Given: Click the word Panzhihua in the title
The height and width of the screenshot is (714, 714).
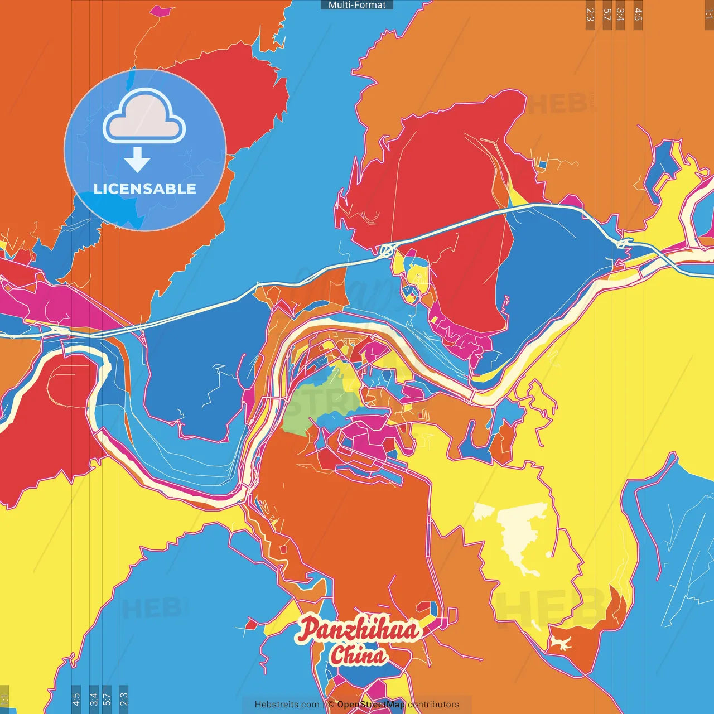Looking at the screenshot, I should [x=358, y=630].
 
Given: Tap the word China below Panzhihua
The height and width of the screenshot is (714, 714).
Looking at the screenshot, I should [x=358, y=655].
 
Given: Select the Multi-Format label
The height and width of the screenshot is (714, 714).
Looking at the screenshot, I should [x=357, y=5].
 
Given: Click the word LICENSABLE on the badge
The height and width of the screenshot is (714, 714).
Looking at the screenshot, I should [x=145, y=189].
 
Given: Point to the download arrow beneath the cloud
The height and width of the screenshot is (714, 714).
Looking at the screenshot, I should [x=137, y=161].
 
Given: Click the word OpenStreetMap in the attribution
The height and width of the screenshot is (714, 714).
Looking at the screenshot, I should [x=370, y=705].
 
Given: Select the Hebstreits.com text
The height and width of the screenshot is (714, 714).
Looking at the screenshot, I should [x=287, y=705].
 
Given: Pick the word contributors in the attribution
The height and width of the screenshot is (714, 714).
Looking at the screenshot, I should [x=433, y=705].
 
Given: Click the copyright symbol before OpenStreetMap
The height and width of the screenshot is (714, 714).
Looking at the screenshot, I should [x=331, y=705].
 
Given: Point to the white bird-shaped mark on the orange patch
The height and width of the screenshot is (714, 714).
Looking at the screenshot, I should [x=559, y=644].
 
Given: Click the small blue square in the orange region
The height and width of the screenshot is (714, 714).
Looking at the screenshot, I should [x=541, y=164].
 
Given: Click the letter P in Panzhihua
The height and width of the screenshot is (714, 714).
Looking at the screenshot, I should [x=307, y=630].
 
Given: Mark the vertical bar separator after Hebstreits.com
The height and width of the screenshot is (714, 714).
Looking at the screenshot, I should [x=324, y=705].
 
